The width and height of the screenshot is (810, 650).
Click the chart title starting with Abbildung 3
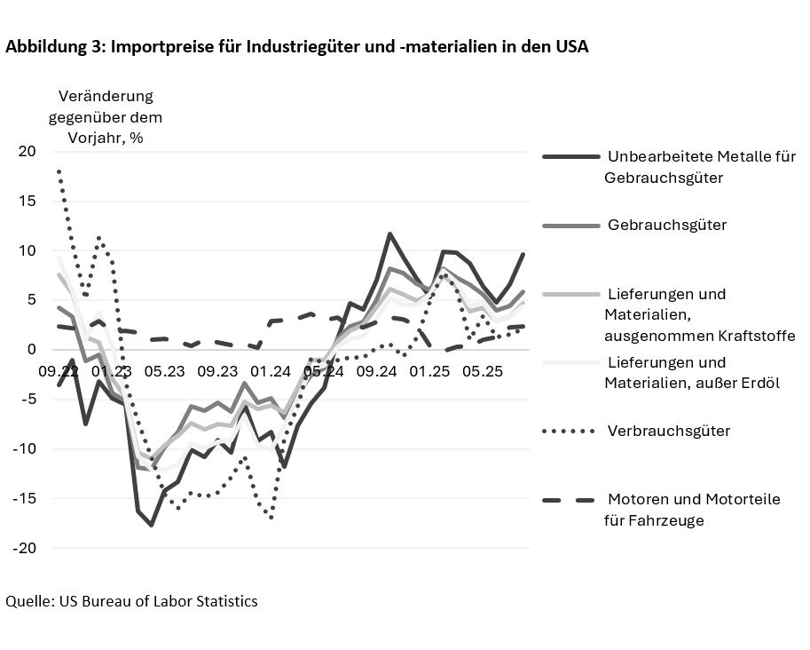(297, 48)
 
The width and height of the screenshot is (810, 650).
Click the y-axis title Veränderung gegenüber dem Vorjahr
(106, 116)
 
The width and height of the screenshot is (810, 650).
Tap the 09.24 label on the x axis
(377, 372)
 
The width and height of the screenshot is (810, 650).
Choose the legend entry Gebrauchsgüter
(666, 226)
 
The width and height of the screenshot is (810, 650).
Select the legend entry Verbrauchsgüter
(668, 432)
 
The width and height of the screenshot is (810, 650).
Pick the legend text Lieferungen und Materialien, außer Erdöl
(691, 373)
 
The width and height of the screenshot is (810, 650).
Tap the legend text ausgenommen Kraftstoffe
(699, 336)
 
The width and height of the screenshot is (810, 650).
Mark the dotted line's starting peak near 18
(59, 170)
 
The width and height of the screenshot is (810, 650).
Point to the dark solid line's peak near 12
(389, 234)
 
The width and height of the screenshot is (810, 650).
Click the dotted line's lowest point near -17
(271, 518)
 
